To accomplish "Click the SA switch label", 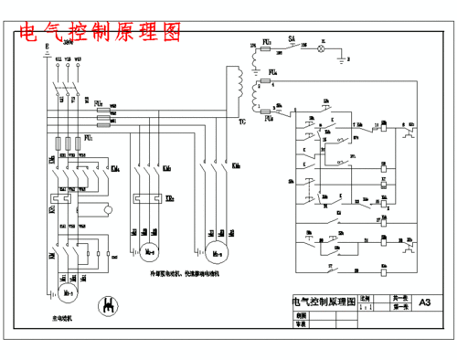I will (x=291, y=39).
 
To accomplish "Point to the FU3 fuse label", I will (x=266, y=42).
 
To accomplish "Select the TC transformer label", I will (x=241, y=120).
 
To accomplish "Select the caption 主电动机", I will (x=63, y=318).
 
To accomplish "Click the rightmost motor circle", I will (x=217, y=249).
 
